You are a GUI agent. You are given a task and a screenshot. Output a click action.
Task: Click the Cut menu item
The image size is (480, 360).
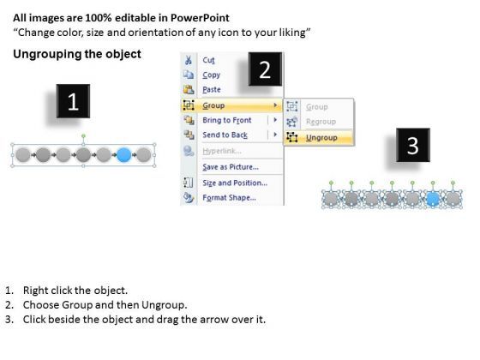(x=208, y=60)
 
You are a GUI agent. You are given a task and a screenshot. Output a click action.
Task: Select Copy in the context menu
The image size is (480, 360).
(x=211, y=75)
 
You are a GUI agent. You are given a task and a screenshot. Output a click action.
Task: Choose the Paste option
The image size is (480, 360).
(x=212, y=90)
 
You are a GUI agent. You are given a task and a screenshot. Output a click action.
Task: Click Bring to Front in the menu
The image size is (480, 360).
(x=227, y=120)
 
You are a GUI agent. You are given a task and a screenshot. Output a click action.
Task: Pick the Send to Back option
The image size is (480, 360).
(x=225, y=135)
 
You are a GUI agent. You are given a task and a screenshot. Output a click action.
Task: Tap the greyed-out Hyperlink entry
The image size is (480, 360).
(x=222, y=151)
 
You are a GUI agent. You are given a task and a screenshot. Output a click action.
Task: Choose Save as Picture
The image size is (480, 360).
(x=231, y=167)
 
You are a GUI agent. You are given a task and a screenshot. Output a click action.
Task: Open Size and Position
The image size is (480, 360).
(x=235, y=183)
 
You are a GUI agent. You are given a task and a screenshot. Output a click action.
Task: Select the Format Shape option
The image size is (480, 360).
(x=230, y=198)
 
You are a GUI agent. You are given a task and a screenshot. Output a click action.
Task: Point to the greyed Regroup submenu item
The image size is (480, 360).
(x=321, y=122)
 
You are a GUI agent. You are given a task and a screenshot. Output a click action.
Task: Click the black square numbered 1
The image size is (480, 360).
(x=73, y=101)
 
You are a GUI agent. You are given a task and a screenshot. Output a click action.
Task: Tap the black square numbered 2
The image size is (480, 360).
(x=265, y=69)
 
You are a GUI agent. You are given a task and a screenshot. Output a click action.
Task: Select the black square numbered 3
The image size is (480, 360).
(x=413, y=145)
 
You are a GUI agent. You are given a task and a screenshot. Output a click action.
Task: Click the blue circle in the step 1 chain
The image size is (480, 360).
(x=124, y=154)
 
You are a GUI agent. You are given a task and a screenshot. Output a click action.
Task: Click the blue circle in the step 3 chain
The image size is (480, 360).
(x=433, y=199)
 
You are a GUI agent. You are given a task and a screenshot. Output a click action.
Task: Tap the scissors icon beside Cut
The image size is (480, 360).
(x=189, y=60)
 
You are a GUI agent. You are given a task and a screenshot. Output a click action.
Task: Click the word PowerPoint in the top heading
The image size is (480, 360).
(x=200, y=18)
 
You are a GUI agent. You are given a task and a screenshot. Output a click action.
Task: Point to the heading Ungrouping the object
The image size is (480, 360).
(x=77, y=54)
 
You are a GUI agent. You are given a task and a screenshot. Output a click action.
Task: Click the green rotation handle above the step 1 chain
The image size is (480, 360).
(x=84, y=135)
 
